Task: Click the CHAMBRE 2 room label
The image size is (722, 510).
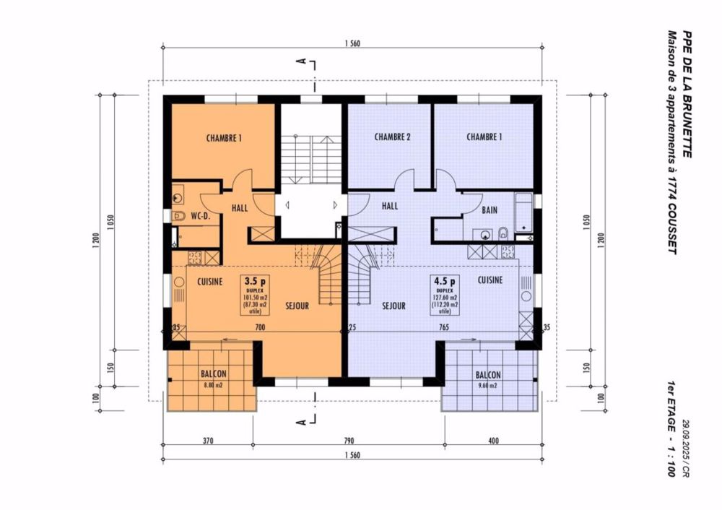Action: (393, 137)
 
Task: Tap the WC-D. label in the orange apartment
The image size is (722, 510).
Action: (201, 216)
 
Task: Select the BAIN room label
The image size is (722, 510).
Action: (489, 210)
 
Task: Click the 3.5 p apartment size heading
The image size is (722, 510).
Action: (255, 280)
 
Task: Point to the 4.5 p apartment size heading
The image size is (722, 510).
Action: (445, 280)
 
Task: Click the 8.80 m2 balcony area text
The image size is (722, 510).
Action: (213, 385)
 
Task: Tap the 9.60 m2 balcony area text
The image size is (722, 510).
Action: (488, 386)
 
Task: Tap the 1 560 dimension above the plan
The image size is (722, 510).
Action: (352, 45)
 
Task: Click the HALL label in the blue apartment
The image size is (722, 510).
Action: (390, 206)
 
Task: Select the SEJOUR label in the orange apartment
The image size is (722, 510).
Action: (296, 306)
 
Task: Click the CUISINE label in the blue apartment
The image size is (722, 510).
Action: (490, 279)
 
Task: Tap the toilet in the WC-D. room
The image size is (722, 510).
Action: (180, 215)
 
